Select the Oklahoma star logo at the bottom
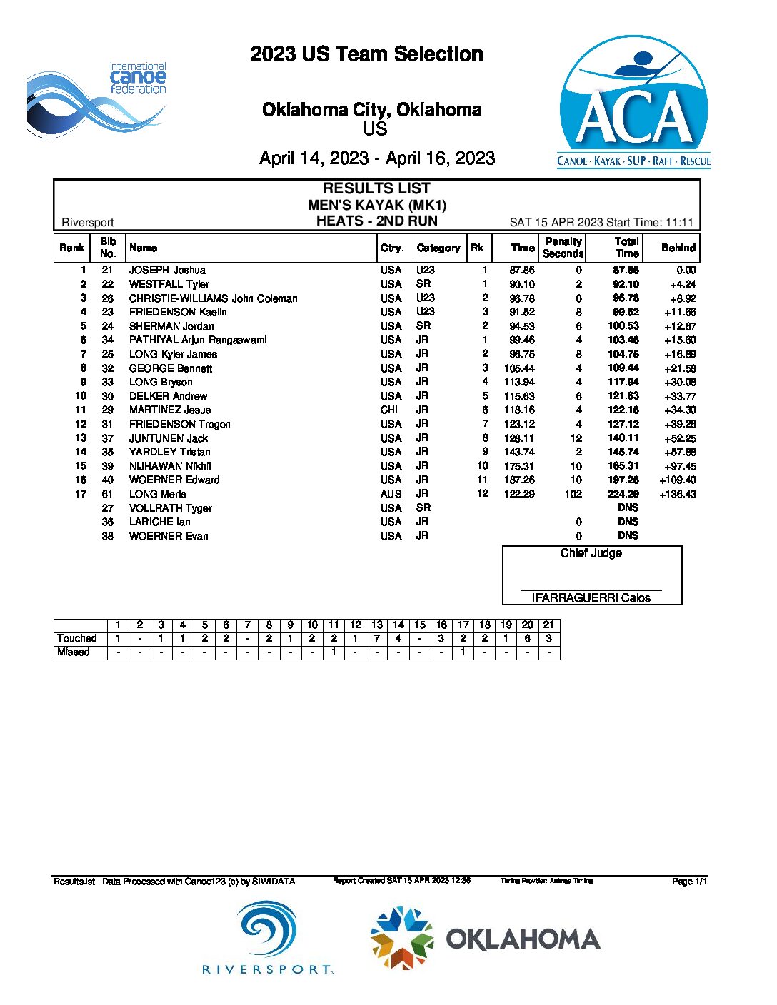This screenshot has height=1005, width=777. (x=402, y=938)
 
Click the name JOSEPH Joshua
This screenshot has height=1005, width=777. (x=167, y=270)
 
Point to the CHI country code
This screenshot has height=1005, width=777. (x=389, y=410)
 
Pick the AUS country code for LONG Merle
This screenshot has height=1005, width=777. (x=391, y=494)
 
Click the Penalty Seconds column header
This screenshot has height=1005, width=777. (x=563, y=248)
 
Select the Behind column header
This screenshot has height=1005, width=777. (x=678, y=248)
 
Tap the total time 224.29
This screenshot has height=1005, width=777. (x=623, y=494)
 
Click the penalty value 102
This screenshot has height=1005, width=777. (x=573, y=494)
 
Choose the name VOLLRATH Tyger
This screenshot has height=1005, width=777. (x=170, y=508)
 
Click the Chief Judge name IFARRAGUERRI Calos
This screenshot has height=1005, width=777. (x=591, y=598)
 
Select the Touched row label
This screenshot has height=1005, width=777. (x=77, y=638)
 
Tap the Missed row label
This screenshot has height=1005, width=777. (x=74, y=652)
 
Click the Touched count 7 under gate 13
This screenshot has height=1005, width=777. (x=377, y=638)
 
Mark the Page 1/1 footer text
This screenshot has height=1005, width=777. (x=689, y=882)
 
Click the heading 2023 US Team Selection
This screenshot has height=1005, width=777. (x=366, y=54)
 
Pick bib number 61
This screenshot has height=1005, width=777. (x=107, y=494)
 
